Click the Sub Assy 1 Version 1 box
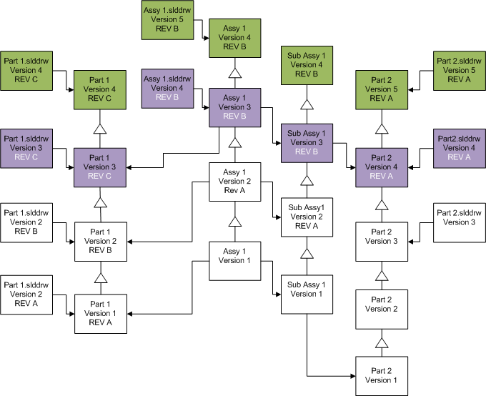307,294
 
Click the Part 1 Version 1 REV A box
101,314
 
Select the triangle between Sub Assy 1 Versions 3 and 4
307,105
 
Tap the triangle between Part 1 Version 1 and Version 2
101,277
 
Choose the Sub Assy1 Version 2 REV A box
307,217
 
